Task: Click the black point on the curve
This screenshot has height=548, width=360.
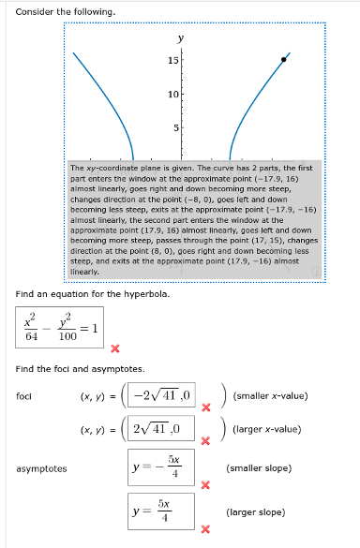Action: (285, 59)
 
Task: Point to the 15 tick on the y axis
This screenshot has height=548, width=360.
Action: (173, 60)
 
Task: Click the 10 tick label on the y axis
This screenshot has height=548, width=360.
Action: (173, 94)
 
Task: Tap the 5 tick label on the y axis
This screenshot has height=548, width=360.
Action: (175, 127)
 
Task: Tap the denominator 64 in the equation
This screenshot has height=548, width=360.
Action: (32, 334)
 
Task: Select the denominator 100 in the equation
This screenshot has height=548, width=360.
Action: (67, 334)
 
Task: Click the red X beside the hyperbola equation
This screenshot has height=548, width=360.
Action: (114, 350)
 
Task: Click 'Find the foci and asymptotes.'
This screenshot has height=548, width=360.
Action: (80, 369)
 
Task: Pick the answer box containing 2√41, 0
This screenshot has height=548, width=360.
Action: (161, 430)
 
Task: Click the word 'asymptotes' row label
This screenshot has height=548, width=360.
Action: (41, 468)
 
